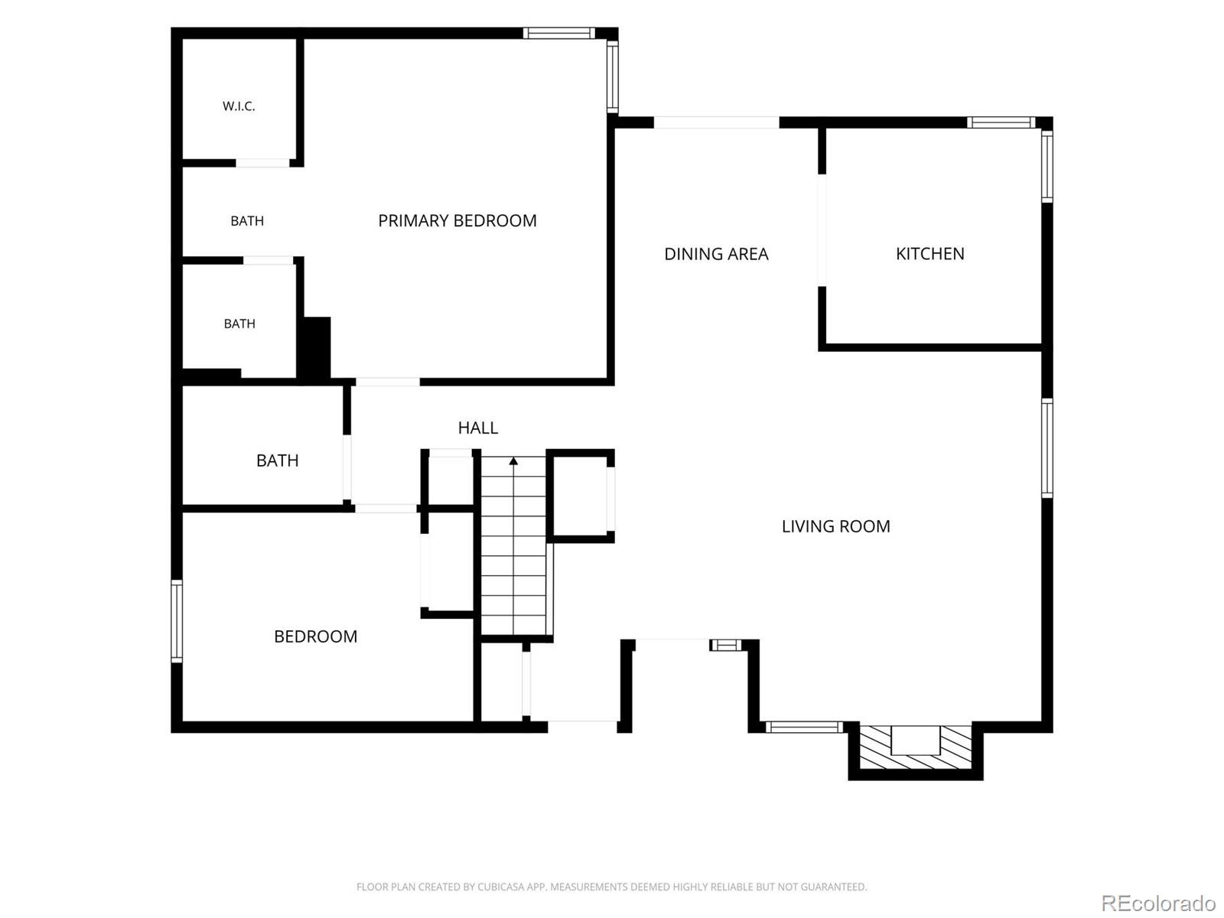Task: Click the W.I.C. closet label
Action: pyautogui.click(x=239, y=106)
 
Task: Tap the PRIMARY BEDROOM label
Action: pyautogui.click(x=457, y=221)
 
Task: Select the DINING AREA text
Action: pyautogui.click(x=716, y=254)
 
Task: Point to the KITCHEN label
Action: pyautogui.click(x=929, y=254)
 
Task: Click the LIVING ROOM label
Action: pyautogui.click(x=835, y=526)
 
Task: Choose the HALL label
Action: pyautogui.click(x=478, y=428)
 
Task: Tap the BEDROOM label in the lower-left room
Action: pyautogui.click(x=316, y=636)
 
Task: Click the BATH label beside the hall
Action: pyautogui.click(x=277, y=461)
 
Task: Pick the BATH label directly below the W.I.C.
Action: pyautogui.click(x=247, y=221)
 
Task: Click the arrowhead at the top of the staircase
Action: pyautogui.click(x=513, y=461)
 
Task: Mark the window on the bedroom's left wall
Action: pyautogui.click(x=176, y=620)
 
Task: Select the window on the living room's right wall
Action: pyautogui.click(x=1047, y=448)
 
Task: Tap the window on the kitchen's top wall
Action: pyautogui.click(x=1001, y=122)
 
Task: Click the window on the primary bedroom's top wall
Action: pyautogui.click(x=558, y=33)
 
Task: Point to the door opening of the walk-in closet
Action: pyautogui.click(x=262, y=163)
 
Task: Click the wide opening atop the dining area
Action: pyautogui.click(x=716, y=122)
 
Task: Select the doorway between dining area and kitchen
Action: pyautogui.click(x=822, y=230)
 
